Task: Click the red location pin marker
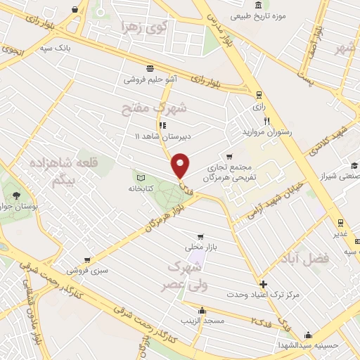point(181,166)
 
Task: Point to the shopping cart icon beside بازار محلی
point(202,237)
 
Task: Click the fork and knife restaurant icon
point(266,121)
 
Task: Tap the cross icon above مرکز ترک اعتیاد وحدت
point(263,285)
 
